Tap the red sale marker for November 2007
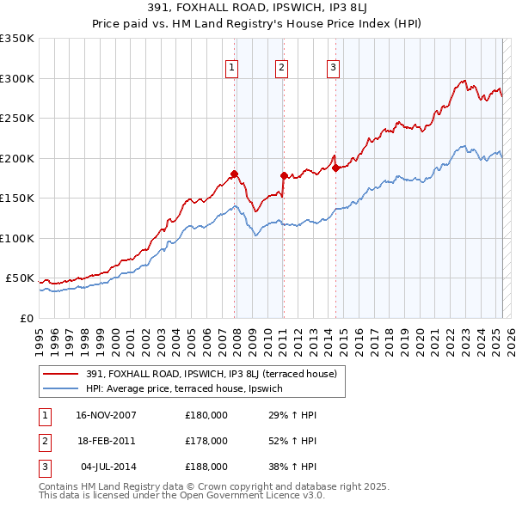(234, 174)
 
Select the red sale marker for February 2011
(283, 175)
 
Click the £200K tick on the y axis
(16, 158)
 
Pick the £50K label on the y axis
(19, 278)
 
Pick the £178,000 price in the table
(206, 441)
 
